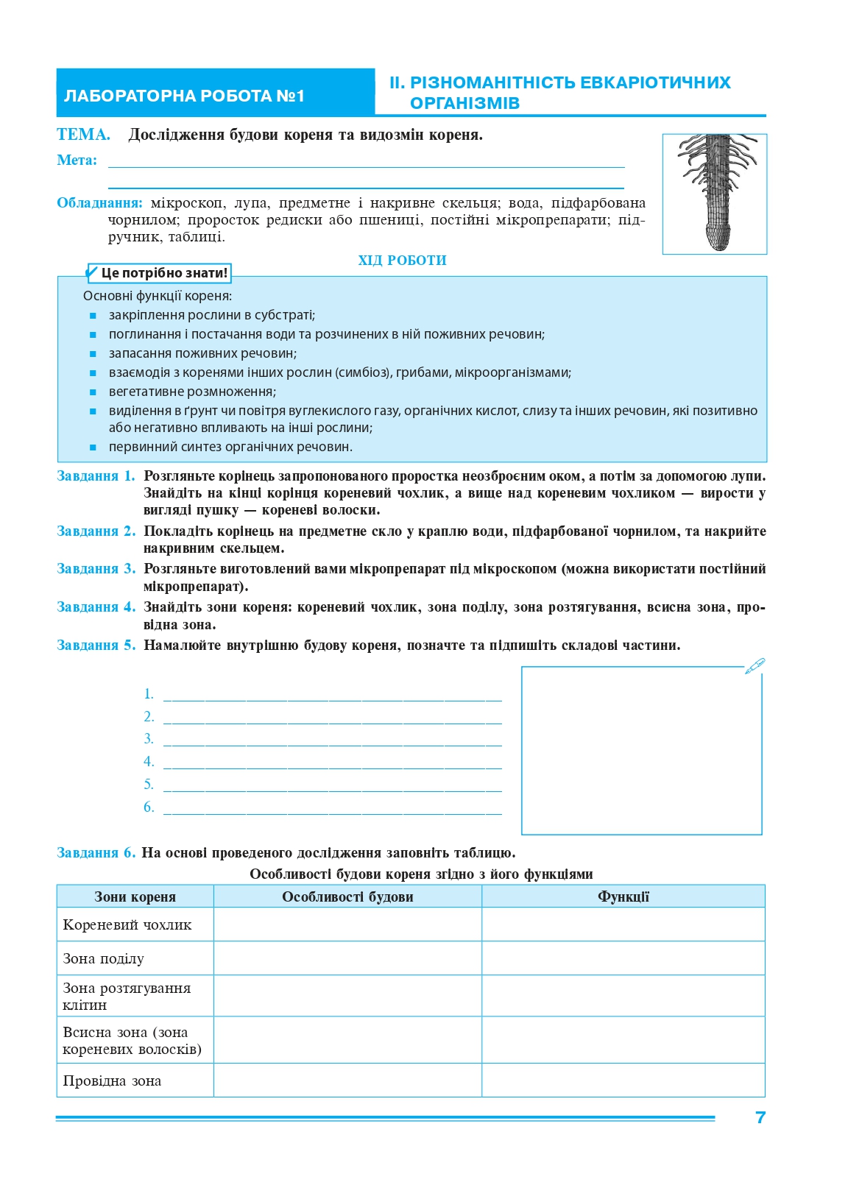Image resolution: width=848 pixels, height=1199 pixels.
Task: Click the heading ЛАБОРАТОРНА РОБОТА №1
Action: pos(184,96)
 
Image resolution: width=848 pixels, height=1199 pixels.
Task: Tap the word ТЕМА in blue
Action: pos(82,135)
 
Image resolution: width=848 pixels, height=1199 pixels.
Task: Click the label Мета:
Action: pos(77,160)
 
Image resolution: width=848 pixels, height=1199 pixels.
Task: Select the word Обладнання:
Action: pos(99,203)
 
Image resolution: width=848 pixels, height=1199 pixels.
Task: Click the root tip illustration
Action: pos(715,193)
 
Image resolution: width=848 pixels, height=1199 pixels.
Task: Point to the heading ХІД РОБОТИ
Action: pos(402,261)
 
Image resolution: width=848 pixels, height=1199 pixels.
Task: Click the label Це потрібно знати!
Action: pos(163,273)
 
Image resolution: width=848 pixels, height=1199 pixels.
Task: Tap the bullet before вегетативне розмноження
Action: pos(93,392)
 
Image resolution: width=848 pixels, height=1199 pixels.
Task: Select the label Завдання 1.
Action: pos(96,476)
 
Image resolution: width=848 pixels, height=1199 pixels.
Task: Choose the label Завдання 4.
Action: pos(96,607)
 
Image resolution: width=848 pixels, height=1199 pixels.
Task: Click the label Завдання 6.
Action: pos(96,853)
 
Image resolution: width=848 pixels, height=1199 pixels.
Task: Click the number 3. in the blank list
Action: pos(149,739)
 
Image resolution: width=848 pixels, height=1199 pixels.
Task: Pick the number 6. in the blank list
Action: pos(149,807)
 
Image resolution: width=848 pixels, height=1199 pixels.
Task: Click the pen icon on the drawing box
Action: pos(755,666)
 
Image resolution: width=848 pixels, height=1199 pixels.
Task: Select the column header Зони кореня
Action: pos(135,896)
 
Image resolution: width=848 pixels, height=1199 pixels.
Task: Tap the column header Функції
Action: pos(623,896)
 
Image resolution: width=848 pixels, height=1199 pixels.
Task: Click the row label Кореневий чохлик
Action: pos(127,925)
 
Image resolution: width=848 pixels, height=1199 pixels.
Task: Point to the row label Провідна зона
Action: pos(112,1081)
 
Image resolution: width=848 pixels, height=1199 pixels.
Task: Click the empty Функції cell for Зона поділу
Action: pos(623,958)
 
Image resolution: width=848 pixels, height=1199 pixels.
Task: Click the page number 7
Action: pos(760,1117)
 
